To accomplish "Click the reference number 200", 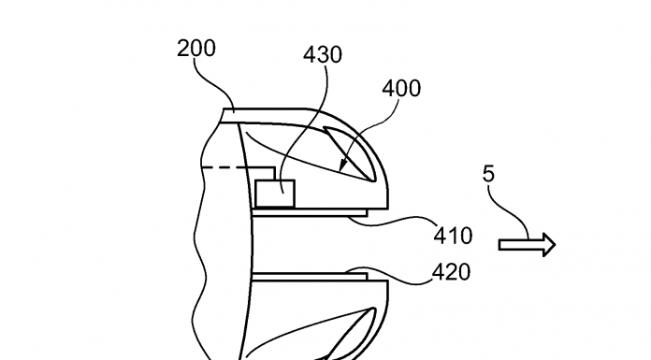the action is [196, 49].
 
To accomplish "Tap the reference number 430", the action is [323, 55].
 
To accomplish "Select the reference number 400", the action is [401, 89].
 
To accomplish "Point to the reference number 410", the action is [453, 237].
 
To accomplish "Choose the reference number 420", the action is [451, 272].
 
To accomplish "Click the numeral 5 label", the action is [488, 174].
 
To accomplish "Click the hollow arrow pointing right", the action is [527, 245].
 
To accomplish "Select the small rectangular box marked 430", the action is [275, 194].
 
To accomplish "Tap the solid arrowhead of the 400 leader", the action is [344, 166].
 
